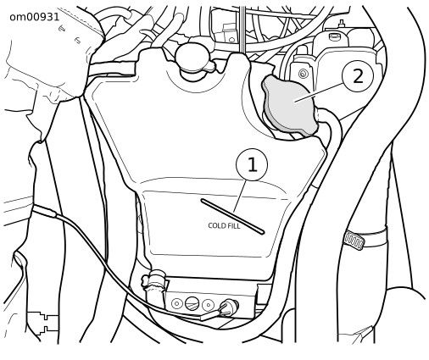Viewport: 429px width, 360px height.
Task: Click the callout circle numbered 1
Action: coord(252,165)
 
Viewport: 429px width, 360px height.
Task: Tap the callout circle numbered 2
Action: coord(358,75)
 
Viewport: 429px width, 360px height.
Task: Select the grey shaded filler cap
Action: coord(290,105)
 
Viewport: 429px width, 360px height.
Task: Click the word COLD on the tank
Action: coord(217,225)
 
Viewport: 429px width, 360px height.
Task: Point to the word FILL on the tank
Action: coord(234,226)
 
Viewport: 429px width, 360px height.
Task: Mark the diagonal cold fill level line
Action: coord(232,216)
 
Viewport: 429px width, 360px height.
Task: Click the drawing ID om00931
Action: coord(35,17)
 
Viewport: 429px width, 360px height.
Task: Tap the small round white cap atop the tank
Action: coord(192,57)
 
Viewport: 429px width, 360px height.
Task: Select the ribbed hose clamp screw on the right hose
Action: coord(354,240)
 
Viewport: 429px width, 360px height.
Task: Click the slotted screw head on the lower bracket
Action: coord(192,304)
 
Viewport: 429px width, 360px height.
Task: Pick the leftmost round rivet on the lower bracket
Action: coord(176,304)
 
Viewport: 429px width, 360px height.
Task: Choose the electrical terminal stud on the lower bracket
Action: coord(230,307)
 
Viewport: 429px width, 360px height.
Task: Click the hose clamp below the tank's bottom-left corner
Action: coord(154,280)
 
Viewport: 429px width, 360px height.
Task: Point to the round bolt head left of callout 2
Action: coord(304,74)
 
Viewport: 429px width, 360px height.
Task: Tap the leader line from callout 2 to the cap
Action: coord(319,92)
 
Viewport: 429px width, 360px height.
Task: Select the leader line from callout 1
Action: coord(240,196)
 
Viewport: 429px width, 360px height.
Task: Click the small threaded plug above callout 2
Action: coord(334,36)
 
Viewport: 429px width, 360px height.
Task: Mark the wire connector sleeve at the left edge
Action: coord(44,211)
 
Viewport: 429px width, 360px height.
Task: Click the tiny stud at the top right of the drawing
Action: coord(342,23)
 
